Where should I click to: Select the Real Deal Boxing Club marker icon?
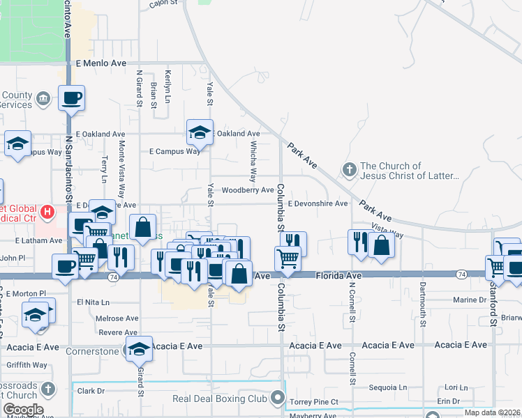[x=278, y=398]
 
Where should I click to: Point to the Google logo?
[x=22, y=410]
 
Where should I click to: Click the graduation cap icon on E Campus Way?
[x=199, y=132]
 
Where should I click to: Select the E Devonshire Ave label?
[x=318, y=203]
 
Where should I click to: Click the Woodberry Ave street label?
[x=248, y=189]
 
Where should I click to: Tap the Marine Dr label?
[x=469, y=300]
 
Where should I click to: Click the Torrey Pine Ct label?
[x=314, y=402]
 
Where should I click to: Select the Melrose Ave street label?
[x=117, y=318]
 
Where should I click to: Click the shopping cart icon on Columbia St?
[x=288, y=258]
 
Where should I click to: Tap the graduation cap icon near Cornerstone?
[x=139, y=350]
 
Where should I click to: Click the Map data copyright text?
[x=493, y=412]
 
